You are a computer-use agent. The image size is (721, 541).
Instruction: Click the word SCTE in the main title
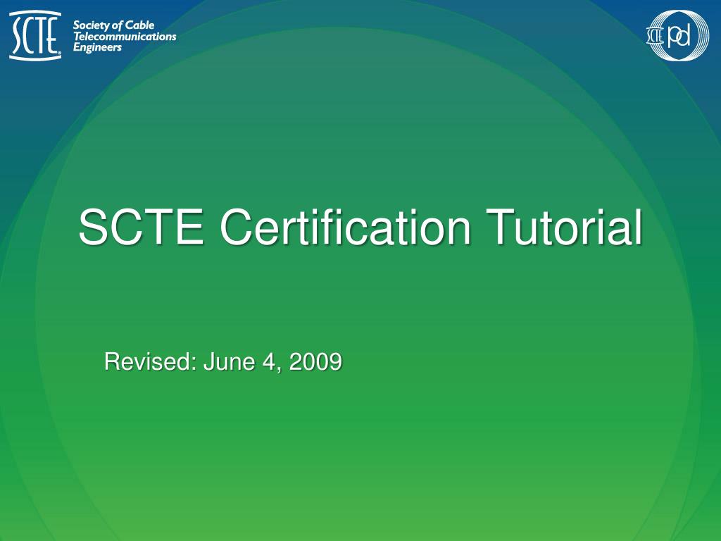coord(142,228)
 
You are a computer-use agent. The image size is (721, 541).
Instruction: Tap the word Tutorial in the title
coord(563,228)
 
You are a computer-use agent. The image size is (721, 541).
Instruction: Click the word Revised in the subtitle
coord(150,362)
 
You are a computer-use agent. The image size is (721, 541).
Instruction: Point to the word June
coord(227,362)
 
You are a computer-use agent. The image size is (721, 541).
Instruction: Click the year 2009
coord(315,362)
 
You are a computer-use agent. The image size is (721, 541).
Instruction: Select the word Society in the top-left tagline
coord(91,26)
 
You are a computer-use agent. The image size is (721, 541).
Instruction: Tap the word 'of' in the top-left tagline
coord(117,26)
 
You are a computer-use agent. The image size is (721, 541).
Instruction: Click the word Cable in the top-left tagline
coord(140,26)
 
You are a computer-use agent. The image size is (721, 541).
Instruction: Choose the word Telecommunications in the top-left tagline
coord(125,37)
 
